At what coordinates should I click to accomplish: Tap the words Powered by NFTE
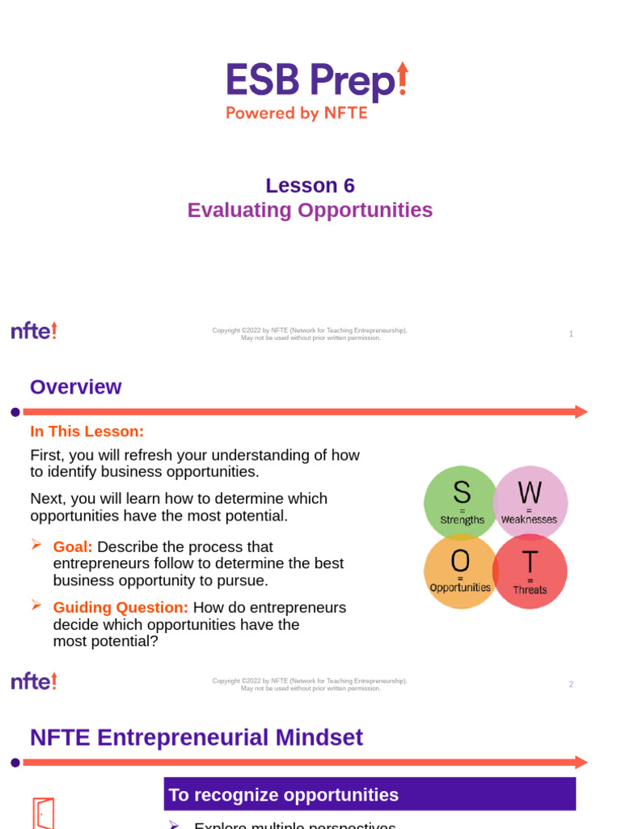[296, 113]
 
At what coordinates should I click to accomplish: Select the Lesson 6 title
[310, 185]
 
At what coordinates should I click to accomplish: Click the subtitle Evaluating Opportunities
[310, 210]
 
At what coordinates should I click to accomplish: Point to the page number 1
[571, 334]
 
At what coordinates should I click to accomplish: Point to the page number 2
[571, 684]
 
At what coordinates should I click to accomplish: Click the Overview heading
[75, 387]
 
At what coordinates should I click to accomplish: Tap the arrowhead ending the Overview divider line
[581, 412]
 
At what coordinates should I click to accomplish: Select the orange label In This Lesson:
[87, 432]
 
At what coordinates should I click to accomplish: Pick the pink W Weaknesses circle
[530, 502]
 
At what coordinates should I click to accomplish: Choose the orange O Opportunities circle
[459, 571]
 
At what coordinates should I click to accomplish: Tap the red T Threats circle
[530, 571]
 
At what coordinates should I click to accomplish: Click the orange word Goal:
[73, 547]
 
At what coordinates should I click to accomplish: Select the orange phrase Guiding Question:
[120, 608]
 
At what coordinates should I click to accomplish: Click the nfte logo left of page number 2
[34, 681]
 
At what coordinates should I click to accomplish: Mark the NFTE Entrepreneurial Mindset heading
[196, 738]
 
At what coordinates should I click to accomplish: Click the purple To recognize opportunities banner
[370, 794]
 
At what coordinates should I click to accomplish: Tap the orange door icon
[43, 813]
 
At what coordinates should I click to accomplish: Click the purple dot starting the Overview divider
[15, 412]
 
